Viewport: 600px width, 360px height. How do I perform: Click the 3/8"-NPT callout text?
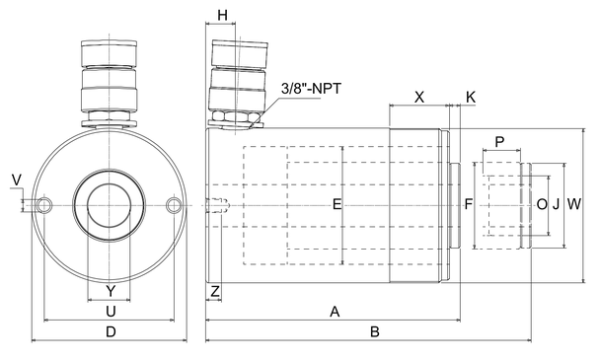(x=311, y=89)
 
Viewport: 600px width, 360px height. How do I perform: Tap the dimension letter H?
(x=222, y=16)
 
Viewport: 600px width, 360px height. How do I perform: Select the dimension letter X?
(x=419, y=98)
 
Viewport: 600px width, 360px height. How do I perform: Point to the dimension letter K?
(x=471, y=98)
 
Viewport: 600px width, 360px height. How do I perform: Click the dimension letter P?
(x=499, y=142)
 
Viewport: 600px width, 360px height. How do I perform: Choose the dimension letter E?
(x=337, y=204)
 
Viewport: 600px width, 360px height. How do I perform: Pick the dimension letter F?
(x=469, y=204)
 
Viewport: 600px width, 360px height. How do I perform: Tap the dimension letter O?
(x=542, y=205)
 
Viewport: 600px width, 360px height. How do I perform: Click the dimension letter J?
(x=556, y=205)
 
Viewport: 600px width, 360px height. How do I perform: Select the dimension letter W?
(x=574, y=204)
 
